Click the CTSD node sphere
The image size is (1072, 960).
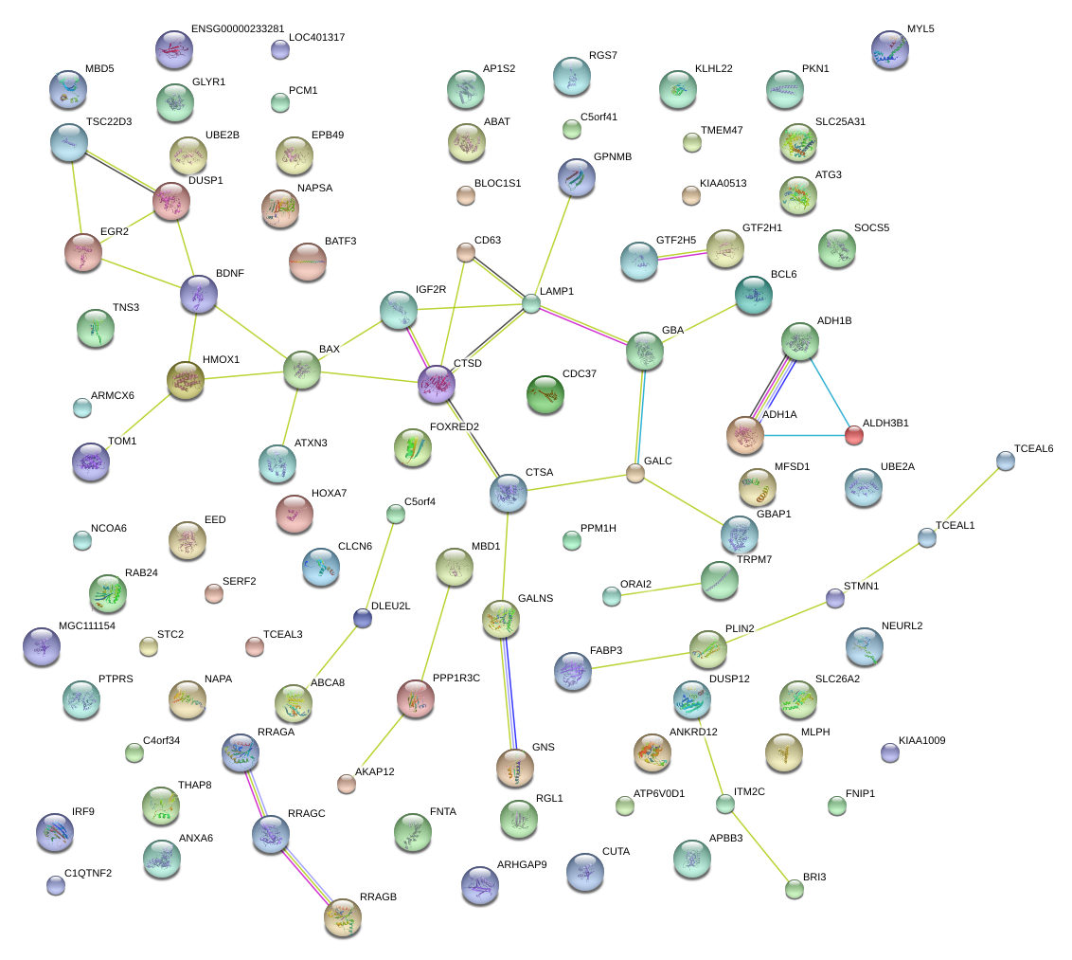pos(437,384)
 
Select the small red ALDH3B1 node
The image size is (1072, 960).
pos(854,435)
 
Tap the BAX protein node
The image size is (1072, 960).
pos(302,370)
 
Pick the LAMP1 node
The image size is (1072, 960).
pos(531,303)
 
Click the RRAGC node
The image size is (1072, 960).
pos(271,833)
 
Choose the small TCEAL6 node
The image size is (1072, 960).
pos(1006,461)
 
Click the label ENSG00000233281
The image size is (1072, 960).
pos(237,29)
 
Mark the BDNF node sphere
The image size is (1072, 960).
pos(199,294)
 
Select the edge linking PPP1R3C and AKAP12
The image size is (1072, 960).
pos(382,741)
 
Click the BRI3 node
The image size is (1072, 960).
pos(795,889)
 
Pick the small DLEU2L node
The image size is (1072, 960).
pos(362,618)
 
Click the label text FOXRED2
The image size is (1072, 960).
pos(455,426)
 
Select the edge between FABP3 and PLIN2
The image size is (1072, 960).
pos(641,660)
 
